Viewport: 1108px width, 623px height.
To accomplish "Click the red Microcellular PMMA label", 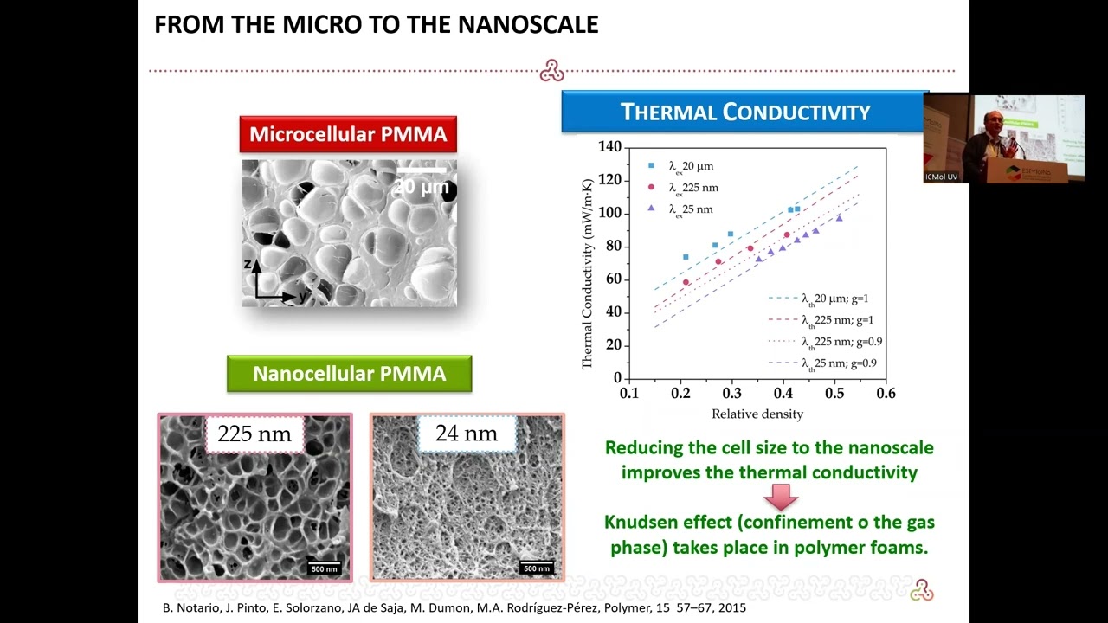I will pos(348,134).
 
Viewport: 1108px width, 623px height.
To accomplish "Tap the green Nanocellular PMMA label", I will pos(349,374).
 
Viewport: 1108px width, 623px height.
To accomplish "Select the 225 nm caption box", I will pos(254,434).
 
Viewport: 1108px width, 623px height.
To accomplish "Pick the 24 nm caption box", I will pos(467,433).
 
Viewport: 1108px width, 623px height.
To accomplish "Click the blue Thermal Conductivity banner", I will pos(744,112).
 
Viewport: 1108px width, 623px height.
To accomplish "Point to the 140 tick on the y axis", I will pos(609,147).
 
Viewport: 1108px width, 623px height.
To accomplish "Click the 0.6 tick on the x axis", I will pos(885,394).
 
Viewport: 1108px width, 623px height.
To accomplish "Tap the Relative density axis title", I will pos(757,414).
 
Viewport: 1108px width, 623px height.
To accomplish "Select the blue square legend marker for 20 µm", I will pos(651,165).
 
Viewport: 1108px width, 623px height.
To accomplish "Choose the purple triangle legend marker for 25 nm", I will pos(651,209).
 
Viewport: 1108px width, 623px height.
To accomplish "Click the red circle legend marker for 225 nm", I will pos(651,187).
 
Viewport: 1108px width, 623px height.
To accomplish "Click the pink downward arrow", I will pos(781,497).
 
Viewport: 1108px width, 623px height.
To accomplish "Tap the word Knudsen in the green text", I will pos(643,523).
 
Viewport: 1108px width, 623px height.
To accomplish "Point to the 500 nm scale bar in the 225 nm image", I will pos(325,568).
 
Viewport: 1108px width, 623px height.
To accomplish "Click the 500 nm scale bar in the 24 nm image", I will pos(537,568).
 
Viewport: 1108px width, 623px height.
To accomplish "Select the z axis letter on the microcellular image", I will pos(248,264).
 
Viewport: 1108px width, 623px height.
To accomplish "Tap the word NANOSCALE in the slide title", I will pos(528,24).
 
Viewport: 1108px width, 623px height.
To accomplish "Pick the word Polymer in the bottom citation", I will pos(635,607).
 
